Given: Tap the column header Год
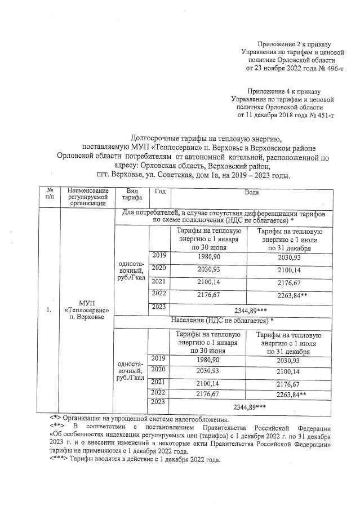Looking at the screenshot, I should (x=159, y=192).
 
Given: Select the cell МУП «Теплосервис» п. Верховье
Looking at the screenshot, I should (x=87, y=309).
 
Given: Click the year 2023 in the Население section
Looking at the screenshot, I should (x=159, y=402).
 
